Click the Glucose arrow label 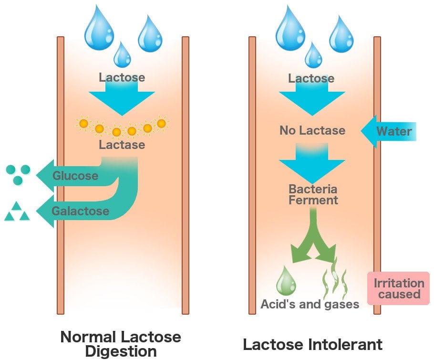pyautogui.click(x=75, y=176)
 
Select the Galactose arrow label pyautogui.click(x=80, y=211)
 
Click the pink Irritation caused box pyautogui.click(x=399, y=289)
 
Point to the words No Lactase pyautogui.click(x=312, y=130)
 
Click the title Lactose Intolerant pyautogui.click(x=312, y=344)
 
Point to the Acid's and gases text pyautogui.click(x=310, y=304)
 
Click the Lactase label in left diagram pyautogui.click(x=122, y=145)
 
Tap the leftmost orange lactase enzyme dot pyautogui.click(x=83, y=124)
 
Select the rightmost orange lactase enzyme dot pyautogui.click(x=161, y=124)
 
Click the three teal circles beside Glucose pyautogui.click(x=19, y=174)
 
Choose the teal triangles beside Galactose pyautogui.click(x=17, y=212)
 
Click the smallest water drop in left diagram pyautogui.click(x=122, y=54)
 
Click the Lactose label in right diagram pyautogui.click(x=311, y=78)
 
